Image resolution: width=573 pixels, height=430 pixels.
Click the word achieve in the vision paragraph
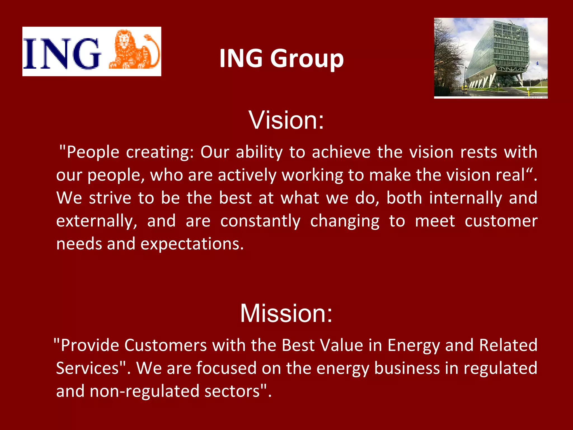341,153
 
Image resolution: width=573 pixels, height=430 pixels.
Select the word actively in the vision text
247,176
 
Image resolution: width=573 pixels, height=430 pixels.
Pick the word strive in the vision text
110,198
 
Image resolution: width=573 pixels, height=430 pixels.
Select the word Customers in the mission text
165,345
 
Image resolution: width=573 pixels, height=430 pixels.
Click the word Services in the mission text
88,368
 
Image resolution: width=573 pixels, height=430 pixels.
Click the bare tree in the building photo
448,56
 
